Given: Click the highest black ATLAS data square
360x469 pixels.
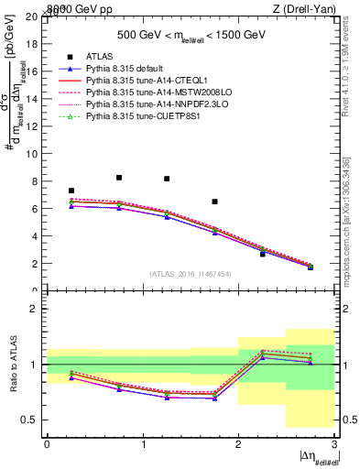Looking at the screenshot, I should click(x=119, y=178).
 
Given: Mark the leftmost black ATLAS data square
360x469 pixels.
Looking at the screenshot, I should click(x=71, y=191).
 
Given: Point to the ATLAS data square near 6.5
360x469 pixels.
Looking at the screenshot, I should click(x=214, y=202).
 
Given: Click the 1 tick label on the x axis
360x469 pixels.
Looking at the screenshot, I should click(x=143, y=443).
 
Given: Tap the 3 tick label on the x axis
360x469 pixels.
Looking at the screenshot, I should click(x=333, y=443).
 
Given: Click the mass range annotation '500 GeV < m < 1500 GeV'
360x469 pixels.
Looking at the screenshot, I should click(x=191, y=36).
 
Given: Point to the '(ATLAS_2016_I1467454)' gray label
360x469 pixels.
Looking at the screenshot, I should click(x=191, y=274).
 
